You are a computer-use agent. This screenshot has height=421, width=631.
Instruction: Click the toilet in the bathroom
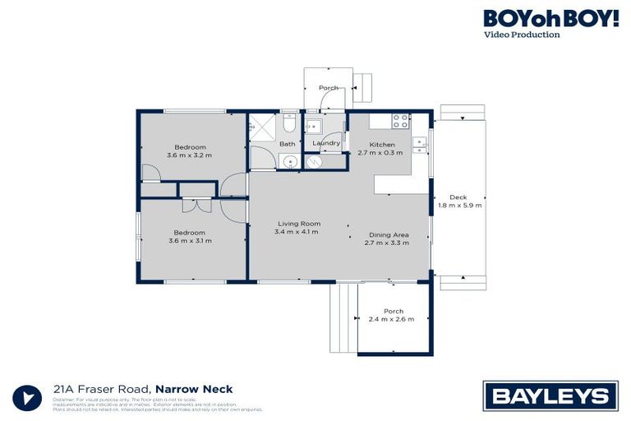coord(288,124)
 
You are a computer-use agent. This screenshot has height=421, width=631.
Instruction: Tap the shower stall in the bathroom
coord(264,127)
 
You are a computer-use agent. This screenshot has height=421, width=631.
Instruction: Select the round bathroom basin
coord(291,160)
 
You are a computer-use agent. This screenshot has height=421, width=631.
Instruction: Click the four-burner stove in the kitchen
coord(400,121)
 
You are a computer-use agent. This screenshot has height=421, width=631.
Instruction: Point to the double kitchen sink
coord(420,145)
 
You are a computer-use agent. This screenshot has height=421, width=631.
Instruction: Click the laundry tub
coord(314,127)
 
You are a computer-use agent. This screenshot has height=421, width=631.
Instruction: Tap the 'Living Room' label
coord(298,223)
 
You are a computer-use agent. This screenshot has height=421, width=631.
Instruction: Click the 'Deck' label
coord(458,197)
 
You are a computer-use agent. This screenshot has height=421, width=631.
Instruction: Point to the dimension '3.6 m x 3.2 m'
coord(189,155)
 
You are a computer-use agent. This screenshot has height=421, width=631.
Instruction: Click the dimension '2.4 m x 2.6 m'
coord(391,319)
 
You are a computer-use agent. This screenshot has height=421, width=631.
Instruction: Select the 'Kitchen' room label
coord(382,145)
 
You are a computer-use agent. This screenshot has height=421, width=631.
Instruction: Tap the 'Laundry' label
coord(326,143)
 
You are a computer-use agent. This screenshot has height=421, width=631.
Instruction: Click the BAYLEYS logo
coord(550,396)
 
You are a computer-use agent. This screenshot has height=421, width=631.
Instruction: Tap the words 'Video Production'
coord(522,35)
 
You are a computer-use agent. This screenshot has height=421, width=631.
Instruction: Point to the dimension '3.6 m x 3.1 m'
coord(189,240)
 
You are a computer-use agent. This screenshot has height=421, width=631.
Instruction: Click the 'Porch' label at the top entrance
coord(329,87)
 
